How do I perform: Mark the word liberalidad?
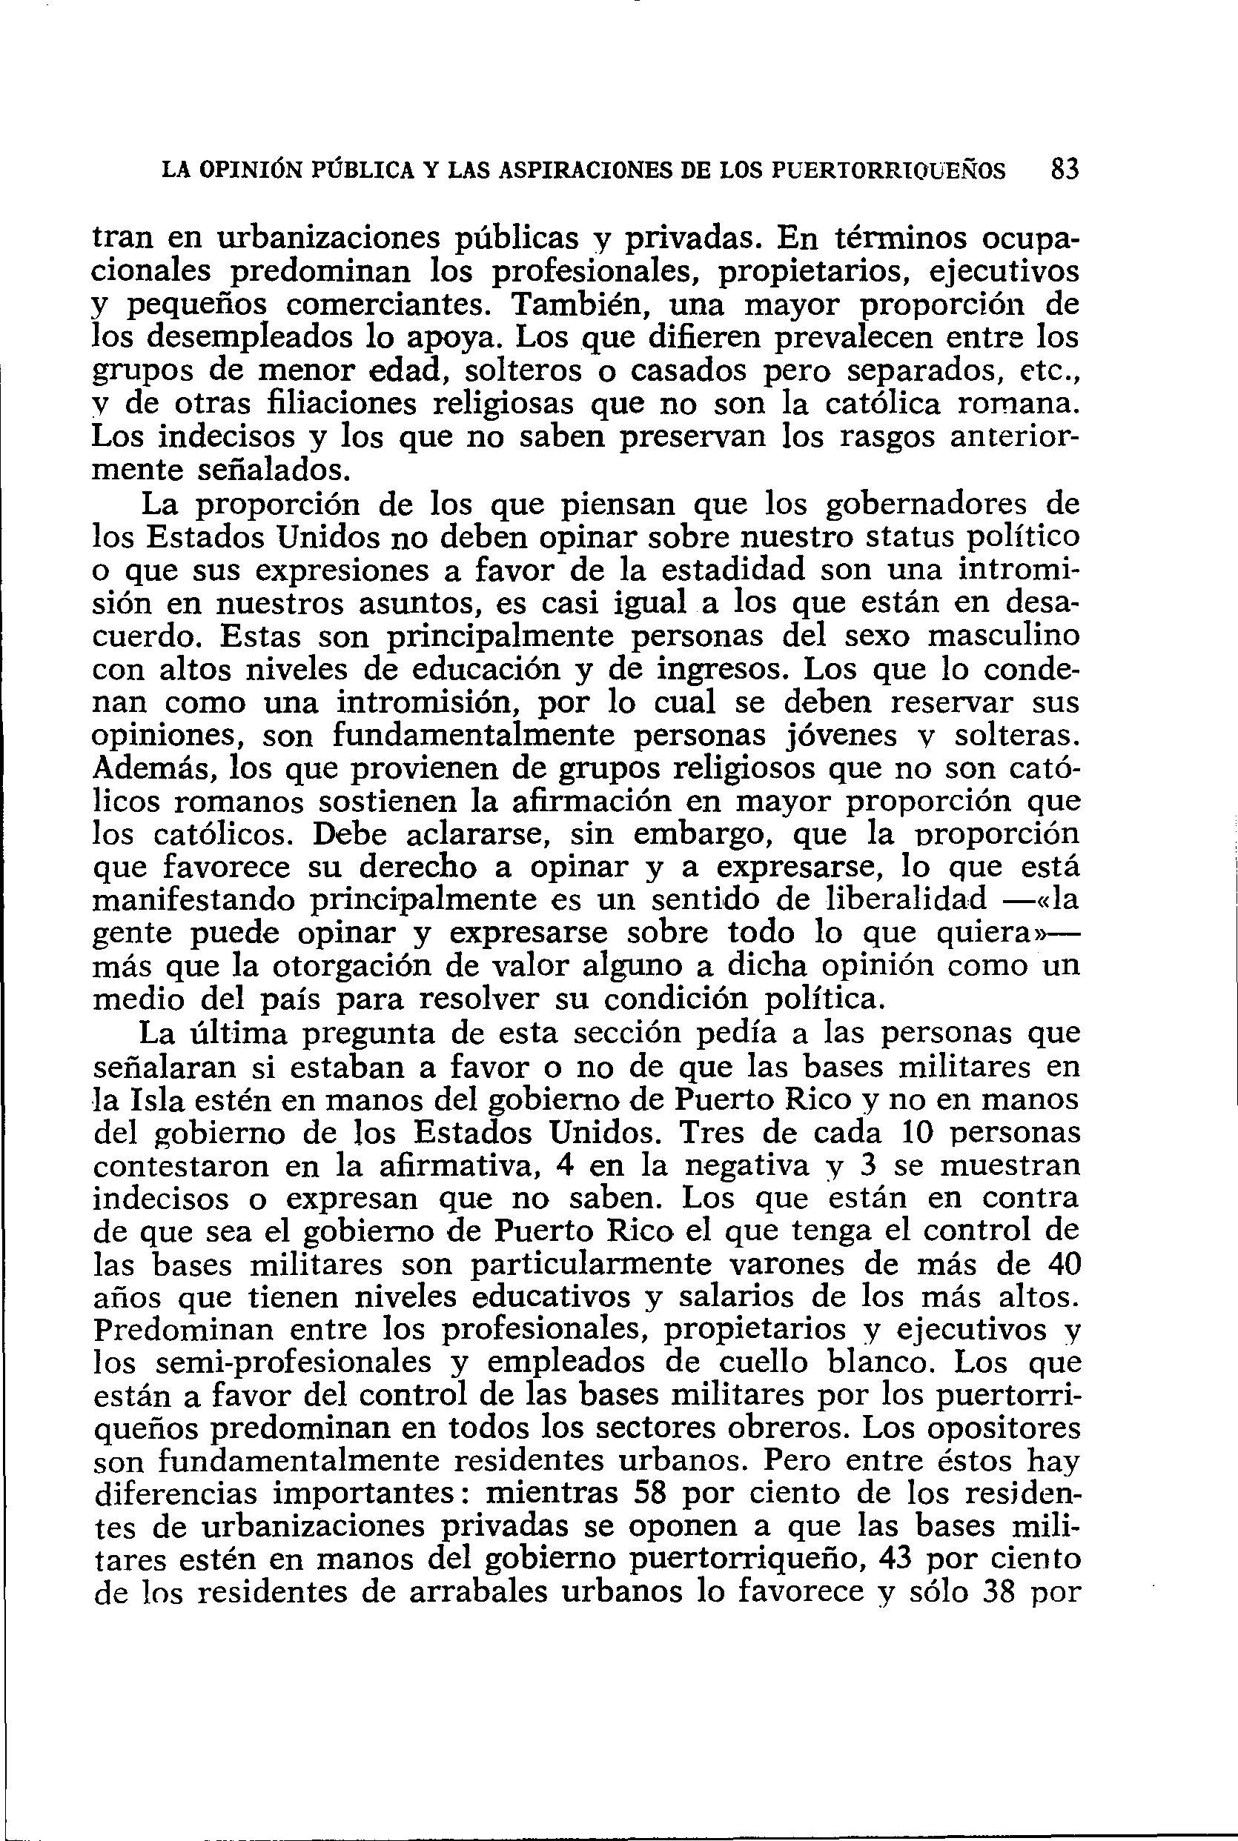click(900, 900)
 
